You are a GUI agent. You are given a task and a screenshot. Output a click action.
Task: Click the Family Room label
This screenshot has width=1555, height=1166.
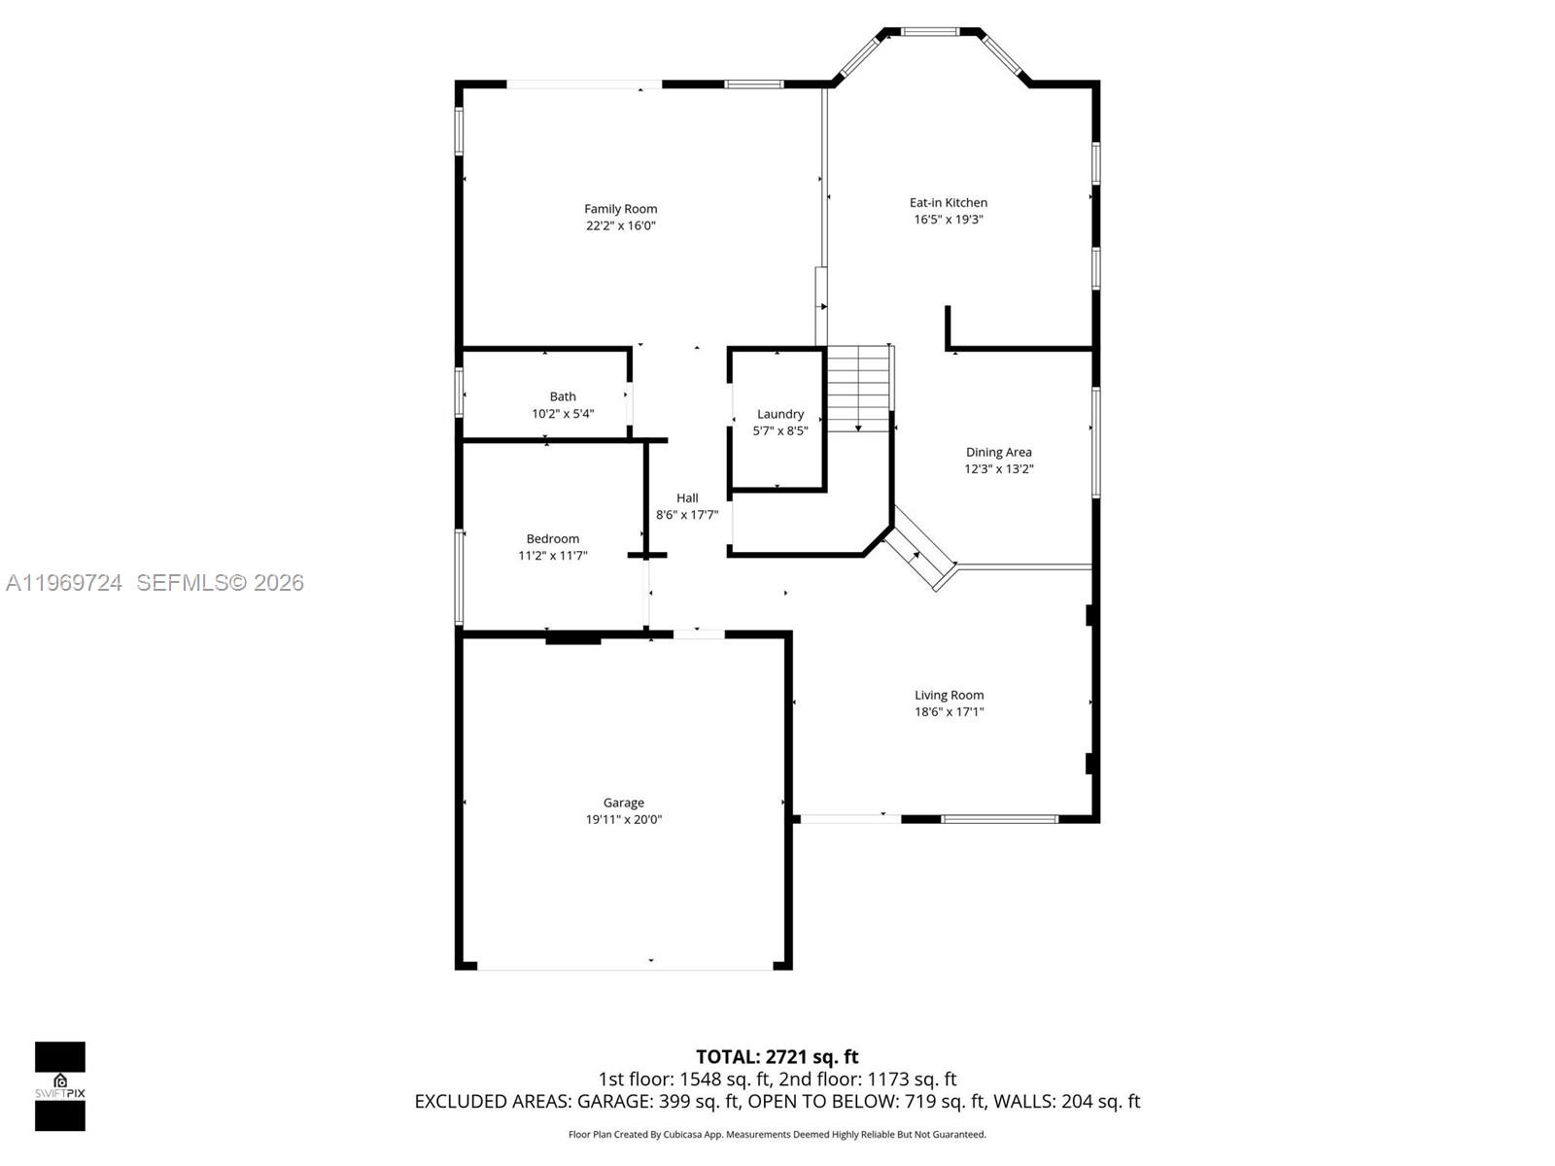coord(620,209)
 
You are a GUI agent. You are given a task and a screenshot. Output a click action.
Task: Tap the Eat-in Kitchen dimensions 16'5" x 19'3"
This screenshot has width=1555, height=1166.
coord(949,220)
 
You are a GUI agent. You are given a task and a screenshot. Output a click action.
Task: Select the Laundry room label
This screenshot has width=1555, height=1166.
coord(780,414)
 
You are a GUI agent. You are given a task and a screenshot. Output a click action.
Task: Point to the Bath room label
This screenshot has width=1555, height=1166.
coord(563,396)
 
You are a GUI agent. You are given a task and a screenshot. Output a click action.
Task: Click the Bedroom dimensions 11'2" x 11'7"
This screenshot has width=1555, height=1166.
coord(553,556)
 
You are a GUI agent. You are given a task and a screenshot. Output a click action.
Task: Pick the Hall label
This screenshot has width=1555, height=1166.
coord(687,498)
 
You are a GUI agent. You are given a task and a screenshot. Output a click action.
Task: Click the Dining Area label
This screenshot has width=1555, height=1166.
coord(998,452)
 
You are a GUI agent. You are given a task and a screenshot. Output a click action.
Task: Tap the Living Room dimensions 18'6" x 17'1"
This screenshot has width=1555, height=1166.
coord(949,712)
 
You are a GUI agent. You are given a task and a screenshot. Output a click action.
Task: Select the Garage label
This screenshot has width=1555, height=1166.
coord(623,803)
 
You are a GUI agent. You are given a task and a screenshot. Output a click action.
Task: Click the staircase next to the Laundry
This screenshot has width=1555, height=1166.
coord(859,389)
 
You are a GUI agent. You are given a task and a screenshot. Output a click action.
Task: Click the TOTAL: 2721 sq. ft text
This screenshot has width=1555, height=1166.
coord(777,1056)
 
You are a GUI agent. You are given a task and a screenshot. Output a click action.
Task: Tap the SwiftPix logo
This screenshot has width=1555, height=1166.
coord(60,1085)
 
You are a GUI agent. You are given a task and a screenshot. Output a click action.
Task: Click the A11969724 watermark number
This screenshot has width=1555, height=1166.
coord(64,583)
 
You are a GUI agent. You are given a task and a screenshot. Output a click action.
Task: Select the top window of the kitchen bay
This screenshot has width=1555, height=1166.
coord(931,32)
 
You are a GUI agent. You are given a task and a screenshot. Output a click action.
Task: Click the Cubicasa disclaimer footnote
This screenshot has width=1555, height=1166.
coord(777,1134)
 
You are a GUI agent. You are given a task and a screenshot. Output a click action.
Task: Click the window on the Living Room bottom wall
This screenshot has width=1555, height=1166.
coord(999,819)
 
